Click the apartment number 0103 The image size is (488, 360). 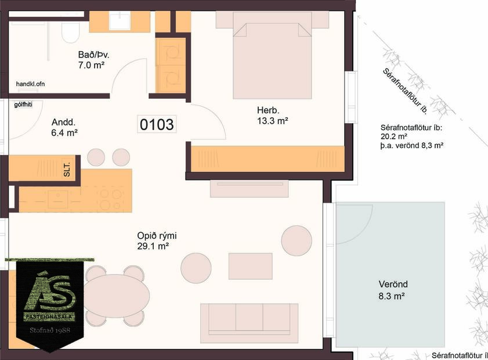pyautogui.click(x=157, y=124)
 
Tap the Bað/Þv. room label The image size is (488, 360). pyautogui.click(x=94, y=55)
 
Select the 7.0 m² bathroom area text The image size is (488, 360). pyautogui.click(x=91, y=66)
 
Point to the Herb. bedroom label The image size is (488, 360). pyautogui.click(x=269, y=110)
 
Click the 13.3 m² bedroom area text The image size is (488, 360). pyautogui.click(x=273, y=121)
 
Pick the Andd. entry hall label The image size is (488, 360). pyautogui.click(x=63, y=123)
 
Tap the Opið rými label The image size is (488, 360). pyautogui.click(x=157, y=236)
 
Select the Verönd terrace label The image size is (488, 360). pyautogui.click(x=393, y=285)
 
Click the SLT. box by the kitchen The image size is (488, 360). pyautogui.click(x=67, y=168)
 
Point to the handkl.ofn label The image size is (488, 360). pyautogui.click(x=30, y=84)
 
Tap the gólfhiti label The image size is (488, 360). pyautogui.click(x=24, y=105)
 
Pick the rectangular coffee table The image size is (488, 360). pyautogui.click(x=250, y=266)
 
